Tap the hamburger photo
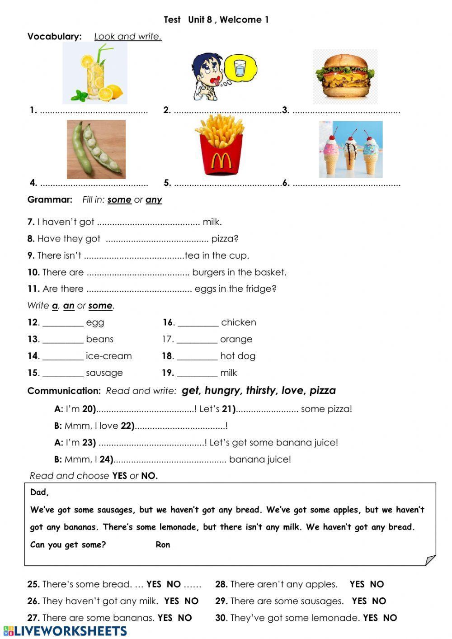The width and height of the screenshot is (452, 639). tap(346, 77)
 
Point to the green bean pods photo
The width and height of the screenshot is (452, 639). tap(96, 149)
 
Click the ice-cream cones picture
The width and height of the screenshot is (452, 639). tap(351, 149)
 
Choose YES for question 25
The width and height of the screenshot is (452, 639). tap(154, 584)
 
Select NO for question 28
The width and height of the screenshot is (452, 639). tap(377, 584)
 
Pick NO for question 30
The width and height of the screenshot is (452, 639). tap(390, 618)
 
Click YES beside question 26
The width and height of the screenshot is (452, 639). tap(172, 601)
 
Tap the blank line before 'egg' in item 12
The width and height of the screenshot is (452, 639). tap(63, 323)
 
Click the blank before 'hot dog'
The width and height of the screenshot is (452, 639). tap(197, 356)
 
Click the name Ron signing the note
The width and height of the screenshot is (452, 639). tap(163, 544)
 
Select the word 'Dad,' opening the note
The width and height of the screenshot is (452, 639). tap(39, 492)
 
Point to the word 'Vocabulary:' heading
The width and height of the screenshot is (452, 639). tap(55, 37)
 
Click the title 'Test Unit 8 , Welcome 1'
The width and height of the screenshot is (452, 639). tap(216, 19)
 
